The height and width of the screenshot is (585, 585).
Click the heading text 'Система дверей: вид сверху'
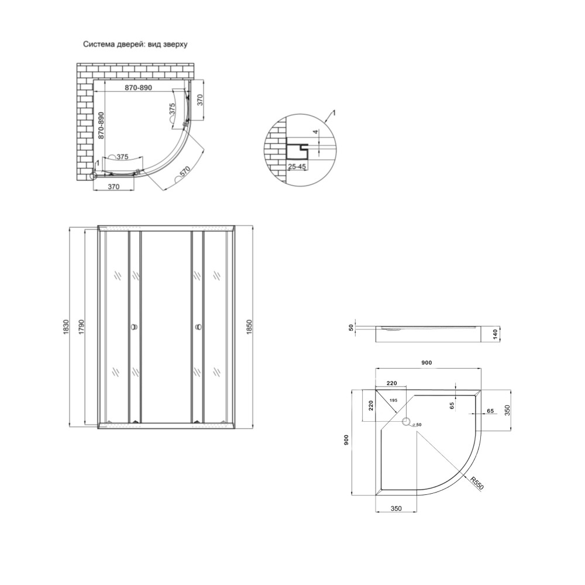click(135, 44)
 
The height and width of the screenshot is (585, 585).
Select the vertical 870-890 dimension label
click(101, 125)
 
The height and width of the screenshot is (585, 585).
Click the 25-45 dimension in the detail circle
click(297, 167)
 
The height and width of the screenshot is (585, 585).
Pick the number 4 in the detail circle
click(315, 132)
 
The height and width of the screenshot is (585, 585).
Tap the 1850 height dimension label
click(250, 327)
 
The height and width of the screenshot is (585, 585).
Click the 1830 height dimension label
click(67, 327)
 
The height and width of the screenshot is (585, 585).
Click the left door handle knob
click(133, 327)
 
